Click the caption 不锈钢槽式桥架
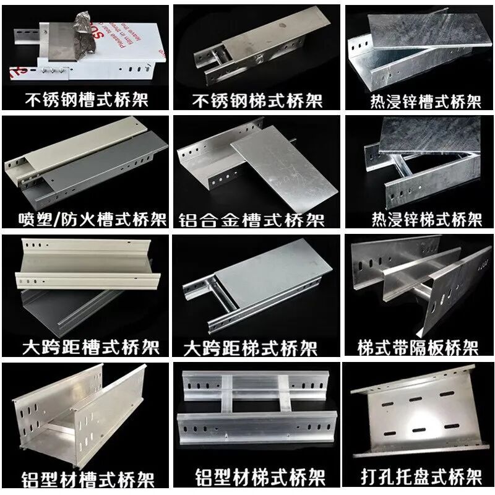tap(87, 100)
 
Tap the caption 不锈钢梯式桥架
tap(257, 100)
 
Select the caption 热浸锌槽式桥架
tap(426, 101)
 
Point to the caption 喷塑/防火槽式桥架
tap(92, 219)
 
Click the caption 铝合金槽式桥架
tap(252, 220)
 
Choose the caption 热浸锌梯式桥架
tap(427, 219)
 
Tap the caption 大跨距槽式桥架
tap(91, 347)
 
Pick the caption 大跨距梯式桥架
tap(251, 348)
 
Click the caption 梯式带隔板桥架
tap(418, 348)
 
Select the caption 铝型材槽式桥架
tap(88, 480)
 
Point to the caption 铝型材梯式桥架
tap(260, 477)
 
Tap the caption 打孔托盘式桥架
tap(422, 476)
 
